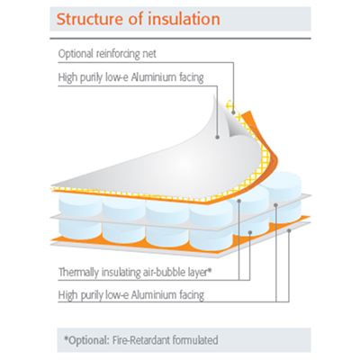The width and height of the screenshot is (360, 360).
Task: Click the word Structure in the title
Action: point(90,19)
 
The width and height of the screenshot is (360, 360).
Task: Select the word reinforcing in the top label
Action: point(119,54)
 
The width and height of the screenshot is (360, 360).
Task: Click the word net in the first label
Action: point(149,55)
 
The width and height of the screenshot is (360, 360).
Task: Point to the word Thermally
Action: point(78,273)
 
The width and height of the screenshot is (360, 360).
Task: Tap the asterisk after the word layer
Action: point(211,270)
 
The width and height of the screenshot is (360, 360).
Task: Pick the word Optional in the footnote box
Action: point(87,340)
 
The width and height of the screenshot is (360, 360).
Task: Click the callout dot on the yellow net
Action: point(233,112)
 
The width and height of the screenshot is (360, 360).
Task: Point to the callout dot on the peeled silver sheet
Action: point(218,137)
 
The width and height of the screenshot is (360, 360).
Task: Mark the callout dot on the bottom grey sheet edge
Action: point(289,230)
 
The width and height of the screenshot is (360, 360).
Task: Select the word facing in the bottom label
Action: point(192,295)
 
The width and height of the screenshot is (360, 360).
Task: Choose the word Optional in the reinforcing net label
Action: point(76,55)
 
